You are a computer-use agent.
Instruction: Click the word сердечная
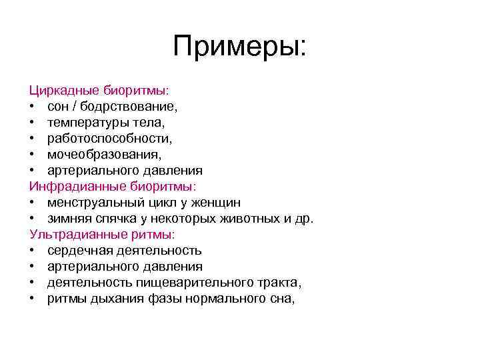[79, 250]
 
